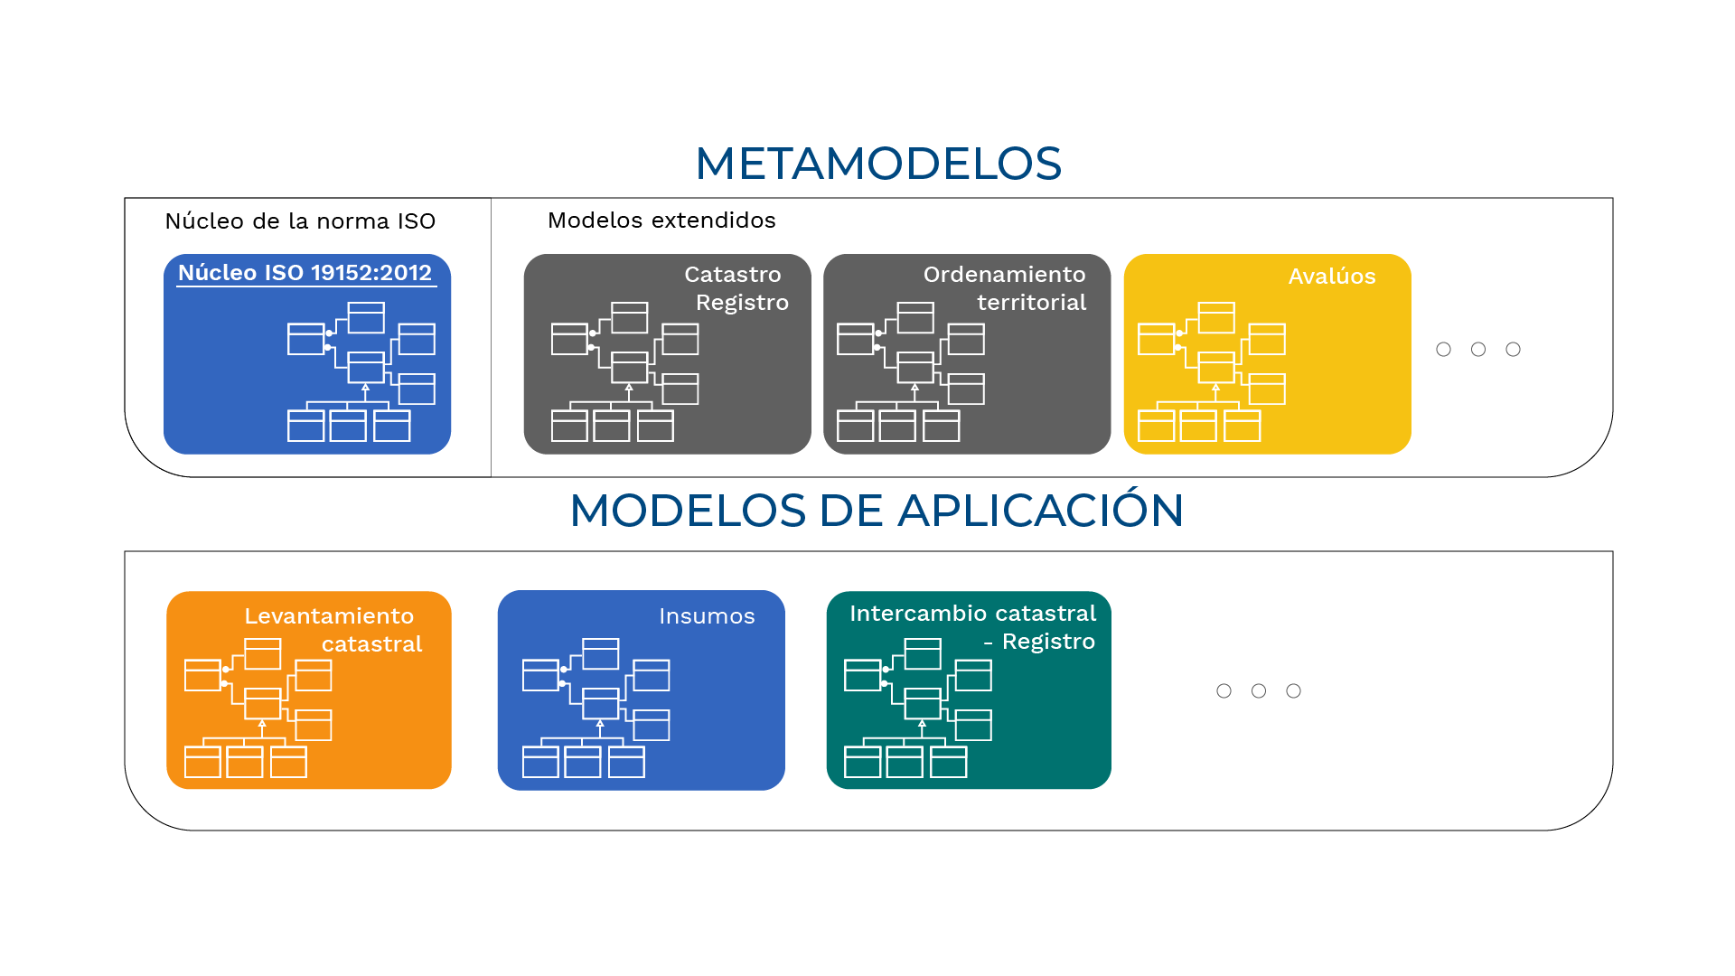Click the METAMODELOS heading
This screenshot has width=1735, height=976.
tap(878, 164)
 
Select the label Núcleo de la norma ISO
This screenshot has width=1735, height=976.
tap(300, 221)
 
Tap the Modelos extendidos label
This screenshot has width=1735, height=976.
tap(661, 221)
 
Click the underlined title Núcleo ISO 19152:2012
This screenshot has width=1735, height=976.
tap(305, 273)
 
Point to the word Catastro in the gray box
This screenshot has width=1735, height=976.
tap(733, 274)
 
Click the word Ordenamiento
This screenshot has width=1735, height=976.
tap(1005, 274)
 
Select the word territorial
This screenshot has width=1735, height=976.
tap(1032, 302)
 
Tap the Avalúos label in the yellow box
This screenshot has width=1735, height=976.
tap(1332, 276)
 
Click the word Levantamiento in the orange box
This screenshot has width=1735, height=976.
tap(329, 615)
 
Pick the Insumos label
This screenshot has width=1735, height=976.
tap(707, 615)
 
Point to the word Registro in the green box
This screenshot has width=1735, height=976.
tap(1048, 642)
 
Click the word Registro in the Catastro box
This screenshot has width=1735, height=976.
tap(742, 303)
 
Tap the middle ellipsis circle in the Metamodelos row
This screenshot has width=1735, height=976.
tap(1478, 349)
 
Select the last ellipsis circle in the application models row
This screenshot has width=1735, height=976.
tap(1294, 690)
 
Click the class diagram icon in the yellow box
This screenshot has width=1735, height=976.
tap(1212, 371)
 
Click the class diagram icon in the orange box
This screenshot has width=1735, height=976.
tap(258, 708)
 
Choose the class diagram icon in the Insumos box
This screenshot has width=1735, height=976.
tap(596, 708)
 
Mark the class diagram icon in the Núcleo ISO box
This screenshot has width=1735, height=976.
tap(361, 371)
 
